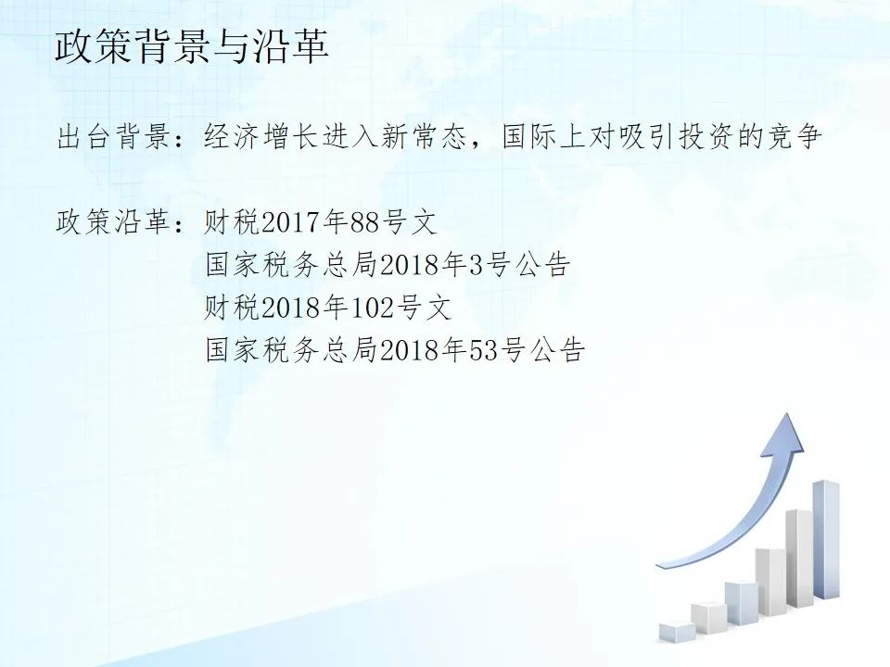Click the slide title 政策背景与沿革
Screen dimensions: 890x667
(192, 45)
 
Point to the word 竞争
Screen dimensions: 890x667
(794, 137)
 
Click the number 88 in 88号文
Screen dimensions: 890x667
(364, 221)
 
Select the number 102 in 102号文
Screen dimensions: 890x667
(373, 308)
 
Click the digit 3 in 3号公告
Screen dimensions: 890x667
(476, 265)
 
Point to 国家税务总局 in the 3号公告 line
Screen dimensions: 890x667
(291, 265)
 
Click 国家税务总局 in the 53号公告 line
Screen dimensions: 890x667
(291, 350)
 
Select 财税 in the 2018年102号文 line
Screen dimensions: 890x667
(232, 308)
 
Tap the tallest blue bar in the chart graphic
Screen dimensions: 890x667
(826, 539)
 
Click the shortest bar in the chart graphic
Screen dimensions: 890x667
(677, 633)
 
